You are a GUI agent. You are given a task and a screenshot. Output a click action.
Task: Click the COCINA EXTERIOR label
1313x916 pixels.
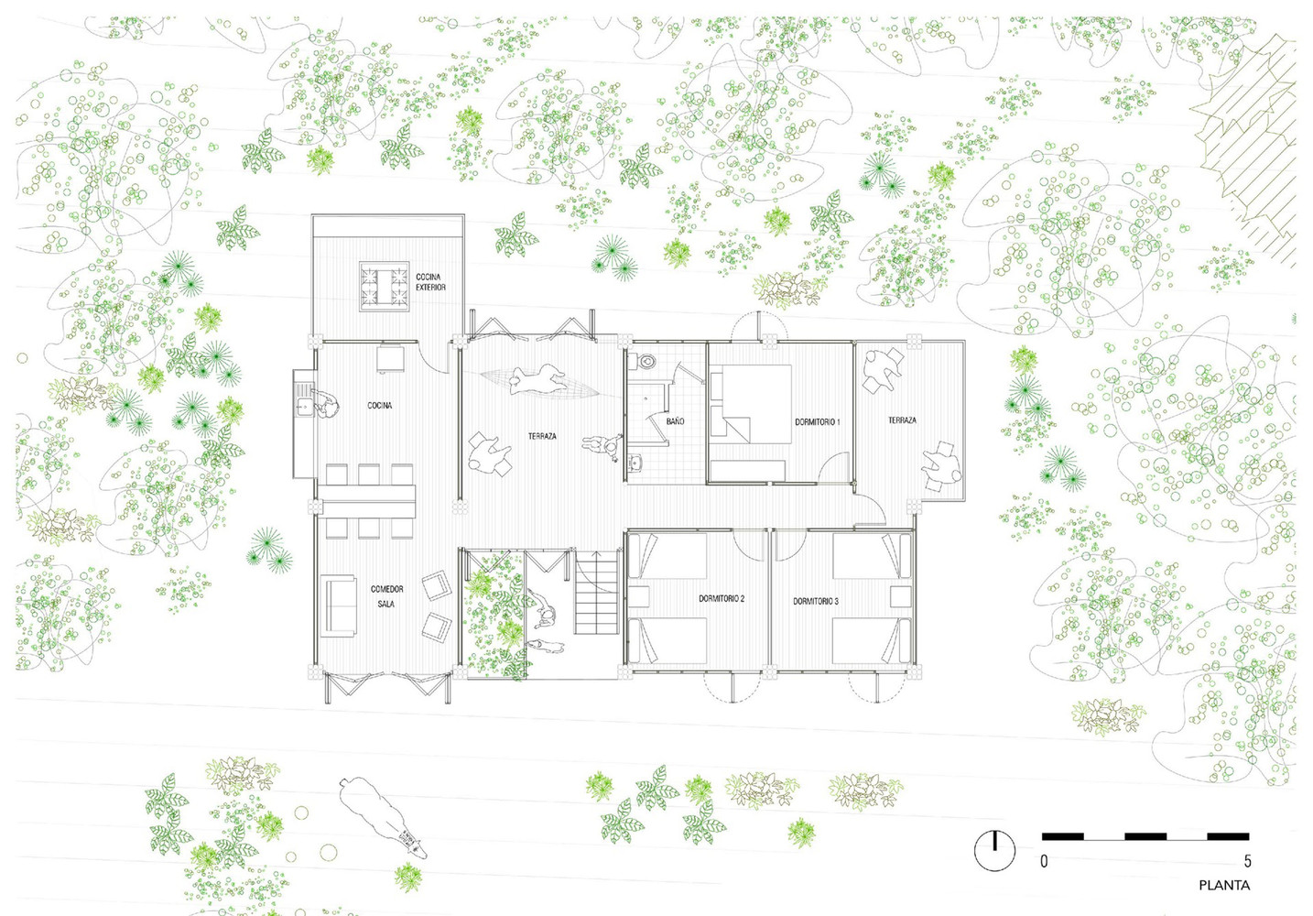point(431,282)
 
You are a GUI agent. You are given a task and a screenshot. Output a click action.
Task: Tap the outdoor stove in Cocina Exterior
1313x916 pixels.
point(384,286)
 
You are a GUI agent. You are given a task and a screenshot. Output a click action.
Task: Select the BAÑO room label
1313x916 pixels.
point(675,421)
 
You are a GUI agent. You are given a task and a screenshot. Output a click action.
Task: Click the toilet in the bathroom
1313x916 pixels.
point(646,361)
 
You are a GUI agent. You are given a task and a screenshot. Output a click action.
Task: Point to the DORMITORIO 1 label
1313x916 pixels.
point(818,421)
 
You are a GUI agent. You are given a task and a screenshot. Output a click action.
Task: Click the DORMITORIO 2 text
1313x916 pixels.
point(722,599)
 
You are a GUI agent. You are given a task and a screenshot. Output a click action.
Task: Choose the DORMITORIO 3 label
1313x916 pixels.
point(816,601)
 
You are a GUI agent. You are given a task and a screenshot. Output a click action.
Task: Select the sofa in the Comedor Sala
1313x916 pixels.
point(340,605)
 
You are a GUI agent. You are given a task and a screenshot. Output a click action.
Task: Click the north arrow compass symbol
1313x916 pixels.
point(994,850)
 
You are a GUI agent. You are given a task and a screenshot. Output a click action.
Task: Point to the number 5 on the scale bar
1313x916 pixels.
point(1247,861)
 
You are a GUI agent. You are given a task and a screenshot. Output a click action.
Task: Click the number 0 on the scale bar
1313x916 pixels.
point(1044,861)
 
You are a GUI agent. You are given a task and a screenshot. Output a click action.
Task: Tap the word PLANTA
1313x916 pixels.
point(1224,886)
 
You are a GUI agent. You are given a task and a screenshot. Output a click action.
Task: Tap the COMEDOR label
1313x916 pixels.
point(387,589)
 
